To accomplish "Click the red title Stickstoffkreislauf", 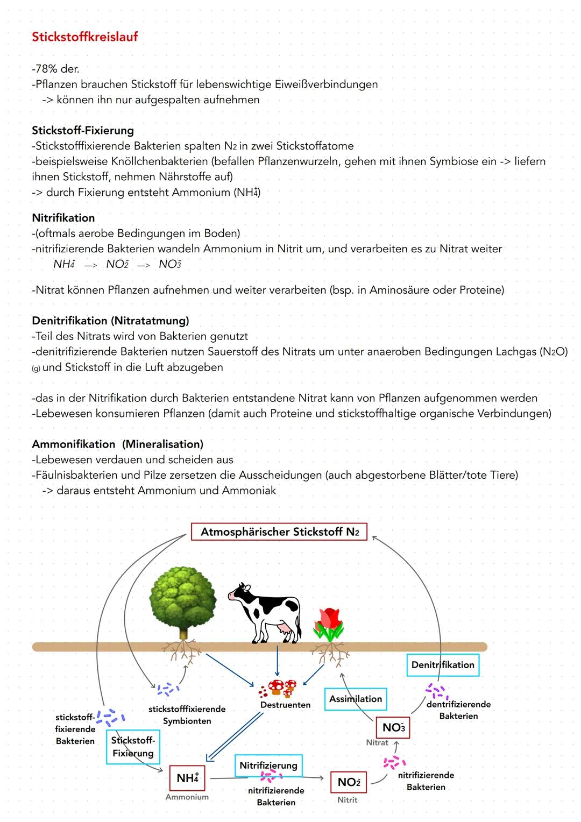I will tap(84, 37).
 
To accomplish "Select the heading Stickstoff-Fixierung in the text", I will tap(83, 130).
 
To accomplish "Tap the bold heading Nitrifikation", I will tap(63, 218).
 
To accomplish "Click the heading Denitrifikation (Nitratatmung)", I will tap(110, 321).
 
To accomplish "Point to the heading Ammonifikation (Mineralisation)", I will tap(117, 444).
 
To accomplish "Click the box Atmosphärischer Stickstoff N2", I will tap(279, 532).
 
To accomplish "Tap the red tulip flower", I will tap(329, 624).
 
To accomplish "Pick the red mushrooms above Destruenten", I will tap(282, 688).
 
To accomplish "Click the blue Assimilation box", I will tap(356, 699).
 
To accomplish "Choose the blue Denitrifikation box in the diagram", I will tap(443, 665).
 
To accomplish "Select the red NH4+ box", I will tap(187, 778).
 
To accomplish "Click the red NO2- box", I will tap(349, 782).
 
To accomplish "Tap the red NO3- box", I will tap(393, 727).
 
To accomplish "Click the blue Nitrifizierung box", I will tap(268, 765).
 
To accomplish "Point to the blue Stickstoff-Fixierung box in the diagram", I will tap(133, 747).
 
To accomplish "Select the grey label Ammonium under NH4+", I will tap(187, 797).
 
